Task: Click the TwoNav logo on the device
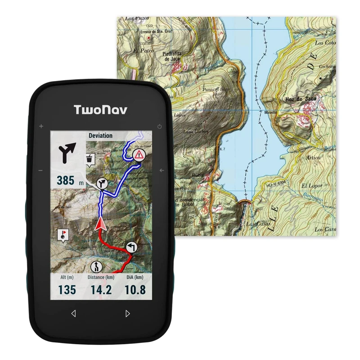[100, 109]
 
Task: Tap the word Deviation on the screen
[100, 135]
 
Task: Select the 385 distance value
[66, 180]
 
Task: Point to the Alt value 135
[67, 290]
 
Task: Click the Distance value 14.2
[101, 290]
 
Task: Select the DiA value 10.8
[135, 290]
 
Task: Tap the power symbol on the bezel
[160, 126]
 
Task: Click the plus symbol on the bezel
[41, 126]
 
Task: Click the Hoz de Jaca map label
[301, 99]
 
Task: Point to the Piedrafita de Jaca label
[172, 56]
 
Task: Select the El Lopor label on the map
[310, 185]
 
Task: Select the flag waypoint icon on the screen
[63, 235]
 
